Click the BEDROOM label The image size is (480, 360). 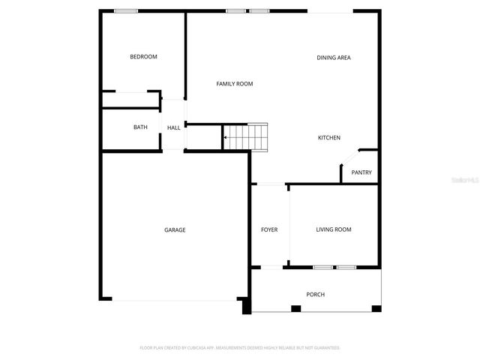(143, 57)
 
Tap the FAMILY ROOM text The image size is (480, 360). (235, 84)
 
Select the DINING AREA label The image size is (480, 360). (334, 58)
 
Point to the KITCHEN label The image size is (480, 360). (329, 138)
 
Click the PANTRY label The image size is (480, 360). (361, 172)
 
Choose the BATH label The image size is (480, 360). (140, 127)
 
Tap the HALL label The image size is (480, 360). (173, 127)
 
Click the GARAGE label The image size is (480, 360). (175, 230)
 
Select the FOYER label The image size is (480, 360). (269, 229)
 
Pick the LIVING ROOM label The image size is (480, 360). (334, 229)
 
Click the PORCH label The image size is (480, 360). (316, 295)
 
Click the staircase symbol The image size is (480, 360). (245, 137)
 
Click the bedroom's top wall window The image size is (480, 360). (125, 10)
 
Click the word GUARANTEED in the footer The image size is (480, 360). (324, 348)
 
